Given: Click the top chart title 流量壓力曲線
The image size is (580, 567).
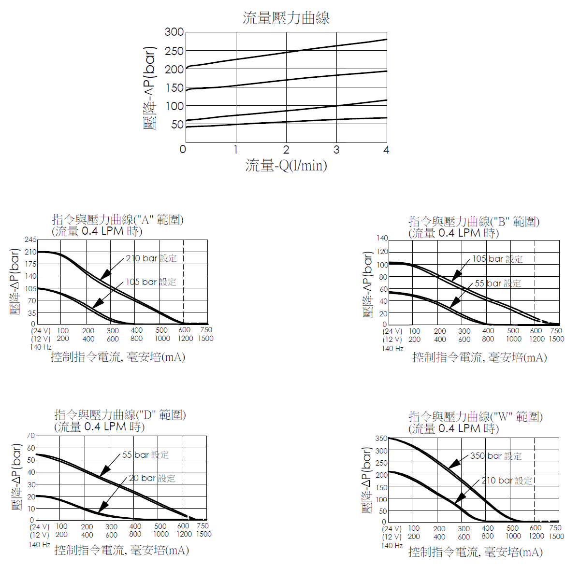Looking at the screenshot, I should (286, 18).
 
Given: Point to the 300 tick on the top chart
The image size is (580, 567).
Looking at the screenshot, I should (174, 32).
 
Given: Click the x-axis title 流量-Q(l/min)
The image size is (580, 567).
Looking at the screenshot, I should (286, 166).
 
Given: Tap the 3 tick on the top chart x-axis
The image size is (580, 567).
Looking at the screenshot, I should (336, 150).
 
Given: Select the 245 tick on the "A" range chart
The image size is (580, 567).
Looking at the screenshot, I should (30, 240).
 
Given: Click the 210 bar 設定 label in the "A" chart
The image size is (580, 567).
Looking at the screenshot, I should (151, 258).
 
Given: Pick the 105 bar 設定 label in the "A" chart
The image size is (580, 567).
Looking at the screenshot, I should (151, 282).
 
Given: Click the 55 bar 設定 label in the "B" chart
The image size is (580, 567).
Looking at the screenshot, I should (498, 283).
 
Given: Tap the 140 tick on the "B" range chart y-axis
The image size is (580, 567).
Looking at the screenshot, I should (382, 238).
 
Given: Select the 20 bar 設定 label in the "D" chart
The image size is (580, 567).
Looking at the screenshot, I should (152, 478).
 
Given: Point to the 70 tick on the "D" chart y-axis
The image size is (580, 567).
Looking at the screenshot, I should (31, 436).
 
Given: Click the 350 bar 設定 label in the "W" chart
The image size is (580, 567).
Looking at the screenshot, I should (496, 456).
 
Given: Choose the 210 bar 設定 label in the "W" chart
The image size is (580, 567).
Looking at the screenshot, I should (507, 481).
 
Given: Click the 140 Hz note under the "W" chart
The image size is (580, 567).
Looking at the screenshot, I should (392, 546).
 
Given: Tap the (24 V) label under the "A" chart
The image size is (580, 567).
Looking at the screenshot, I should (41, 331).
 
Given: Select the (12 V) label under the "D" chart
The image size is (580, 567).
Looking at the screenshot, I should (39, 535).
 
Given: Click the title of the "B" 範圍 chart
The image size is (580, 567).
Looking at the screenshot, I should (474, 222).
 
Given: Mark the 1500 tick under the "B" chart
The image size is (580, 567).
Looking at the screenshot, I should (556, 339).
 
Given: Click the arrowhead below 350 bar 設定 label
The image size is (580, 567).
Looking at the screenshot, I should (453, 466).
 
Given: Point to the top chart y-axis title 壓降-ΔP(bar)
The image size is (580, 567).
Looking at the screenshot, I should (150, 88).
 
